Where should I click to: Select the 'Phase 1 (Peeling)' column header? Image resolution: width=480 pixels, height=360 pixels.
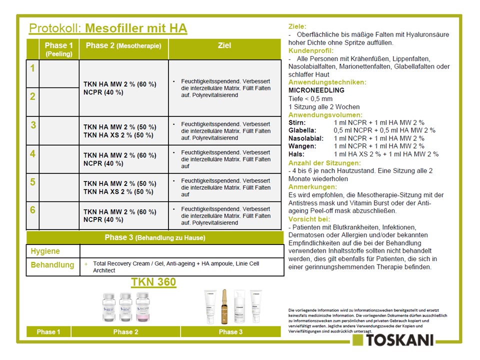(59, 49)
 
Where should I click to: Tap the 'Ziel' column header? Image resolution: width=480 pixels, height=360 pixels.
(224, 46)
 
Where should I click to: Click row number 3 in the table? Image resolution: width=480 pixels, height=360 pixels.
(33, 125)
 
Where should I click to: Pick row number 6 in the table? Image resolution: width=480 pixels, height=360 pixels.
(33, 210)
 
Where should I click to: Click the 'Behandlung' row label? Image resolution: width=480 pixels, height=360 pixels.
(52, 265)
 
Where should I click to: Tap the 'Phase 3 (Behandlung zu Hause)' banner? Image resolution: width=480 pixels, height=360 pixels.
(154, 237)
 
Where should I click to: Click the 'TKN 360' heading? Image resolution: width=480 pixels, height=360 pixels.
(153, 282)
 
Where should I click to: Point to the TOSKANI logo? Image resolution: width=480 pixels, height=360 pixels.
(392, 340)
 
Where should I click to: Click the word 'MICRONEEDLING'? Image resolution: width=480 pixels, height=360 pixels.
(316, 90)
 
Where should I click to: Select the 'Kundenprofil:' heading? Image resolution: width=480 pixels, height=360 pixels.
(311, 50)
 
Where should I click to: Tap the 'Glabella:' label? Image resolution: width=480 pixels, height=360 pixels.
(303, 130)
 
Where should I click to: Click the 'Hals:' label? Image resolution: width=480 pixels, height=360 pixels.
(297, 154)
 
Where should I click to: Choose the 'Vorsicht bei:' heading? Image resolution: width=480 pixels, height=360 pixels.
(309, 218)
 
